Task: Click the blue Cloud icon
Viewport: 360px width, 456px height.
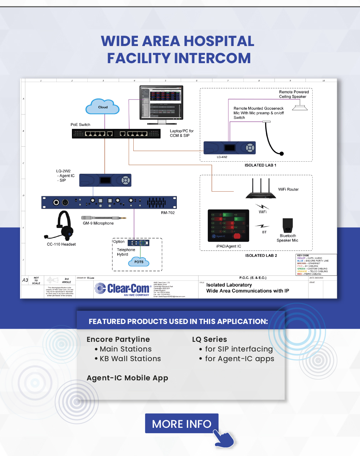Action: tap(103, 107)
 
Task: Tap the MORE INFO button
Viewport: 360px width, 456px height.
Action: tap(182, 424)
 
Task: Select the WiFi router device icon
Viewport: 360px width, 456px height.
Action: tap(261, 189)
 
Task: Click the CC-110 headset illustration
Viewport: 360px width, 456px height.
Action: tap(61, 225)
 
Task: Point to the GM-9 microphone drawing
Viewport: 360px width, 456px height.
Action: tap(103, 218)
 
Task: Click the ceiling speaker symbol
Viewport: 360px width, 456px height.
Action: tap(300, 106)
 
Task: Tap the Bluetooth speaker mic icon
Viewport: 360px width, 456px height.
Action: tap(287, 226)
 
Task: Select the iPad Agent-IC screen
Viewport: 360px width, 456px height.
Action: tap(228, 226)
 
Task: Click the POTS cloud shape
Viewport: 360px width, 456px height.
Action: tap(139, 262)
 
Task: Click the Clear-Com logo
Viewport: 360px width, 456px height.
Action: tap(123, 288)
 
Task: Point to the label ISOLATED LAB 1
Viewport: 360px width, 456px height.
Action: tap(260, 165)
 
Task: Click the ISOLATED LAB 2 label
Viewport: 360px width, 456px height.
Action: tap(261, 255)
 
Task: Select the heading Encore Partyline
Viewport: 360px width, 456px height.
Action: tap(118, 339)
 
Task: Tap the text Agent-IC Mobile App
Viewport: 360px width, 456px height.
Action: tap(127, 378)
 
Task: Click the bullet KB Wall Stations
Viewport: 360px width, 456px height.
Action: tap(130, 359)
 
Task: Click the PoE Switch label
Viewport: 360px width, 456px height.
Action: tap(80, 125)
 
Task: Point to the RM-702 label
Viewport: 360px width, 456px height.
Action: tap(168, 213)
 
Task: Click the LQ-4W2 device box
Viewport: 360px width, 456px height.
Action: tap(230, 148)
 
